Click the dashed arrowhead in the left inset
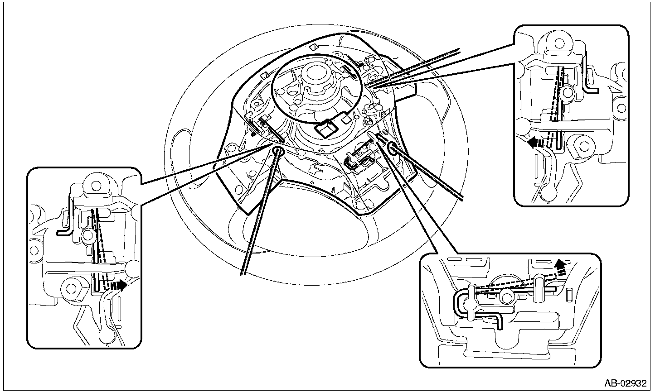[121, 285]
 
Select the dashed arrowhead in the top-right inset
[533, 143]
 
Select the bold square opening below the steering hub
[327, 129]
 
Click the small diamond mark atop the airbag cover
[314, 47]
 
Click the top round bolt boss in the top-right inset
[559, 43]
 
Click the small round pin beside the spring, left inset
[87, 234]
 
